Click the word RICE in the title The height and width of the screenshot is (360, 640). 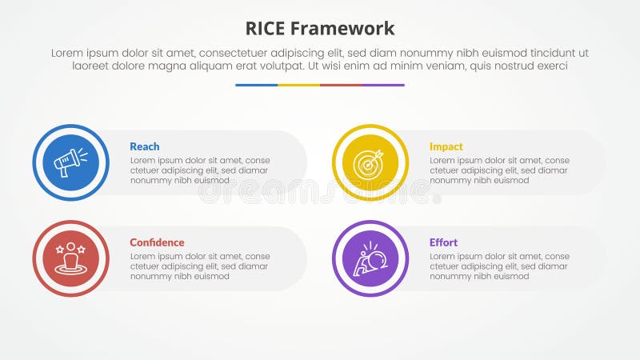click(267, 29)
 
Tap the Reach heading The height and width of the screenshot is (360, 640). click(144, 146)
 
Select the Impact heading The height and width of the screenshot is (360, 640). click(446, 146)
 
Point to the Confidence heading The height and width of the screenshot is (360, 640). click(157, 242)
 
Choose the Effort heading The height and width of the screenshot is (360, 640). click(443, 242)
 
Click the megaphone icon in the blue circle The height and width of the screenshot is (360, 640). click(70, 162)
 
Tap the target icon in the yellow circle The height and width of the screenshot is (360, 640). click(370, 162)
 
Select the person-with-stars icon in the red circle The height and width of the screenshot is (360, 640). click(70, 258)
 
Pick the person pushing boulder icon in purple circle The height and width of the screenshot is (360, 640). click(370, 258)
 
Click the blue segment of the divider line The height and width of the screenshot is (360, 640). click(256, 85)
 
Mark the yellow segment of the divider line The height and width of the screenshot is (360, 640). click(298, 85)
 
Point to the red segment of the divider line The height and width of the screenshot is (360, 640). click(341, 85)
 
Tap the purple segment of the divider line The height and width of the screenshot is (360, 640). click(383, 85)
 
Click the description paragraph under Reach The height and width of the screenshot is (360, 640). click(199, 170)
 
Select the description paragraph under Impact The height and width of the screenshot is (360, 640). click(499, 170)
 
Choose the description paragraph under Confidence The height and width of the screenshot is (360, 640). click(199, 266)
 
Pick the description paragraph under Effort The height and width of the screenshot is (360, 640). click(499, 266)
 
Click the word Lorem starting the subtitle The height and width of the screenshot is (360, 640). click(68, 52)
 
